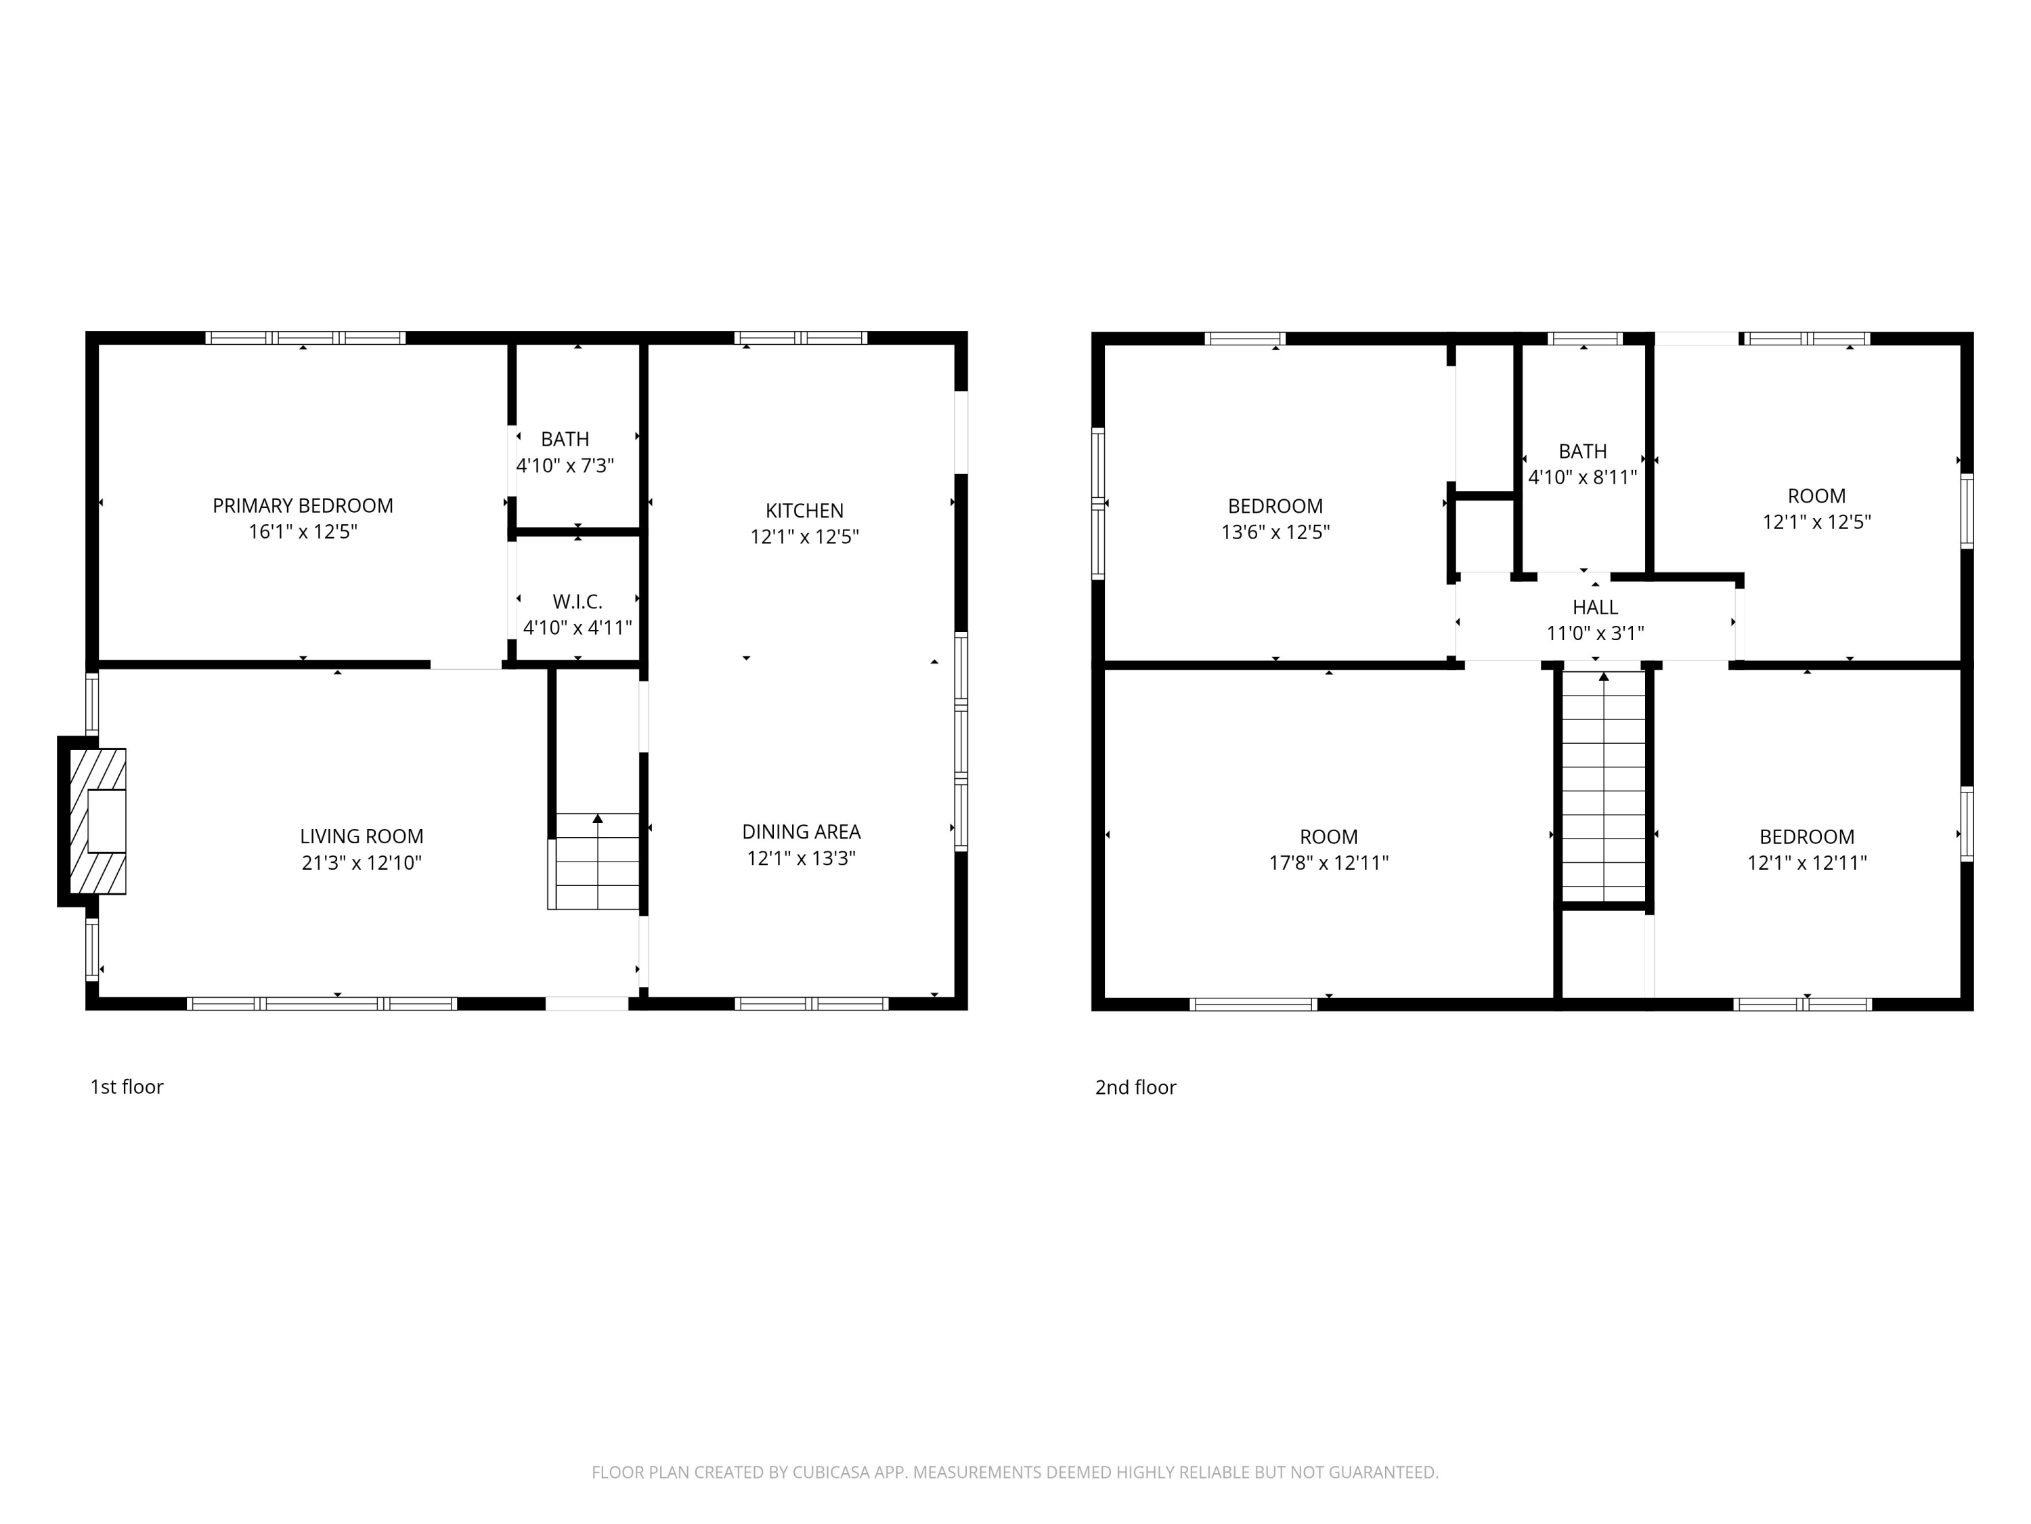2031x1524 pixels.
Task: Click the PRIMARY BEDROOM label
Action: click(x=303, y=505)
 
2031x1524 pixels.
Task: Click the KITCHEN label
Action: click(x=804, y=511)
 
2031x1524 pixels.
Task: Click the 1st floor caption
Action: click(x=127, y=1086)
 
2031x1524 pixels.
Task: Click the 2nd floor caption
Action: click(x=1136, y=1088)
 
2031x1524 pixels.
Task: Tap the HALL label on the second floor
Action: click(x=1595, y=607)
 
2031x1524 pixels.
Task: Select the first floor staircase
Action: click(x=594, y=861)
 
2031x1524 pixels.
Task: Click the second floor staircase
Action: click(x=1604, y=787)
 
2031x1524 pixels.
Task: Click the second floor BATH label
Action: click(x=1583, y=452)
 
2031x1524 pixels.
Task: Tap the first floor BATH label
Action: click(x=565, y=439)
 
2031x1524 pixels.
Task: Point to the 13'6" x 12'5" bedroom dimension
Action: click(x=1275, y=532)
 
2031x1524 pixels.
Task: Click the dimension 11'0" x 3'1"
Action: click(x=1595, y=633)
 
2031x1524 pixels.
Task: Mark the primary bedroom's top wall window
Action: click(x=305, y=338)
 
